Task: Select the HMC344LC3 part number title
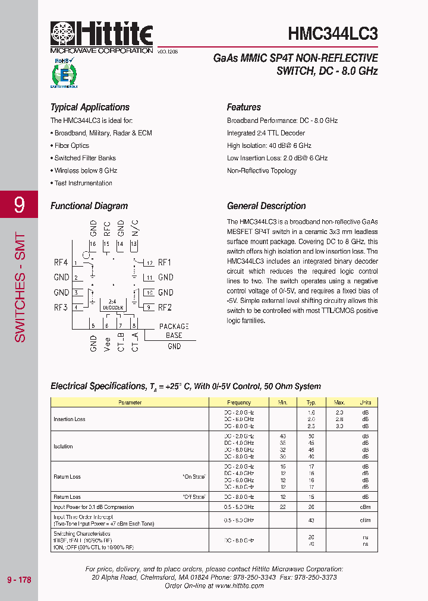tap(332, 33)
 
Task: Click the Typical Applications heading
tap(90, 107)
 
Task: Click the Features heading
tap(244, 107)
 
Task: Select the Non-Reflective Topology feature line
tap(262, 171)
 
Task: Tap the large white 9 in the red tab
tap(19, 205)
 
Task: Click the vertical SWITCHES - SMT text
tap(20, 287)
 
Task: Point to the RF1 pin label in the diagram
tap(165, 262)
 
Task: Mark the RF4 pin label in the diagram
tap(61, 262)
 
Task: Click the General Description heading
tap(266, 206)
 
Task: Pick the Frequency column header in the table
tap(239, 403)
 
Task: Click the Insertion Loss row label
tap(70, 419)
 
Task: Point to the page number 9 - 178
tap(19, 580)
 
